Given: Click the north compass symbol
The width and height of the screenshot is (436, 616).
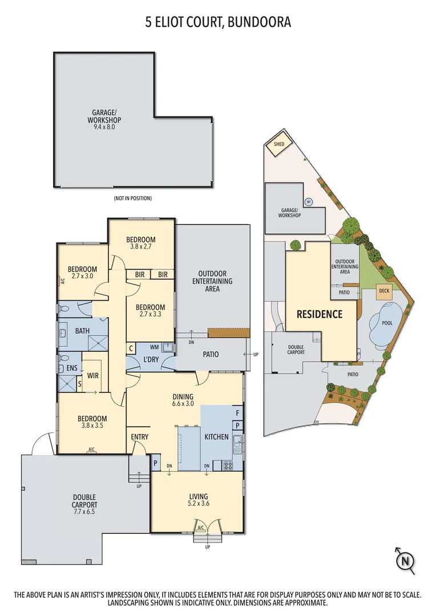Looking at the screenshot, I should (406, 561).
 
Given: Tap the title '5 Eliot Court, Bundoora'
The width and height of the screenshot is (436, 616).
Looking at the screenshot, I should (218, 23).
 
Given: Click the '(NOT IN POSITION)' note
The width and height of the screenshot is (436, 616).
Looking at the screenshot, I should (132, 198).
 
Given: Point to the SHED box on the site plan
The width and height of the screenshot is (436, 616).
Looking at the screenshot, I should (278, 145).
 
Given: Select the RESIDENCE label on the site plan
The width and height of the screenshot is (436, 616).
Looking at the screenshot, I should (319, 314).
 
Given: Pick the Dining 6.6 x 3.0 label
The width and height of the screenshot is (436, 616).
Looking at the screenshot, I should (183, 401).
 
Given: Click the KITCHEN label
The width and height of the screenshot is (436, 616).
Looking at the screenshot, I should (216, 437).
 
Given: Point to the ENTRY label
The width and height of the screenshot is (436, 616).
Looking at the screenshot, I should (140, 437).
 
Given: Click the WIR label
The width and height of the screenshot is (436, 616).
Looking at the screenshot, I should (93, 375).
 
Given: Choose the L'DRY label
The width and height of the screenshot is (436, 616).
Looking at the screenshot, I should (151, 359).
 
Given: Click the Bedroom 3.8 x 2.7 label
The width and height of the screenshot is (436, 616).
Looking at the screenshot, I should (140, 244).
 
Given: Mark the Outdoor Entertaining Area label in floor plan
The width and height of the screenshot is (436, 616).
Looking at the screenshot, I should (212, 281).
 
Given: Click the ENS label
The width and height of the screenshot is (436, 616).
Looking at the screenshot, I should (71, 368).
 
